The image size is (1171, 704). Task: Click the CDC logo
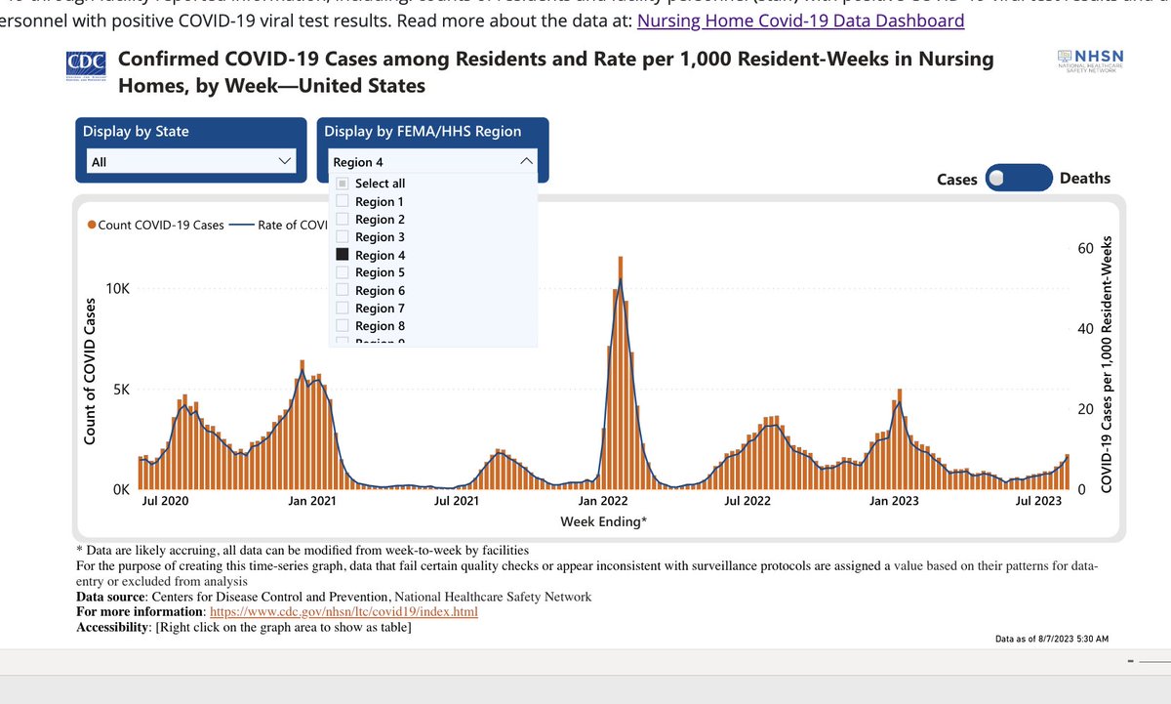pos(87,64)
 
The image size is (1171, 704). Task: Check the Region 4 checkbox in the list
pos(343,255)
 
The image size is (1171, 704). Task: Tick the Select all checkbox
pos(343,184)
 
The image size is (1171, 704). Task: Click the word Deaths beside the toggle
pos(1085,179)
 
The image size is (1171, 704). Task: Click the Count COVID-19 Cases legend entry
pos(155,225)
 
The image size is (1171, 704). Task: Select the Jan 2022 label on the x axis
pos(617,501)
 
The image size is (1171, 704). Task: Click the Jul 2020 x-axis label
pos(166,501)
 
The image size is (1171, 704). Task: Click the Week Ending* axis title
pos(602,521)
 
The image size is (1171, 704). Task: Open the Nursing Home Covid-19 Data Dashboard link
pos(800,21)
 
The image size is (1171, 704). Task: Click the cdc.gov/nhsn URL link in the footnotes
pos(344,612)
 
